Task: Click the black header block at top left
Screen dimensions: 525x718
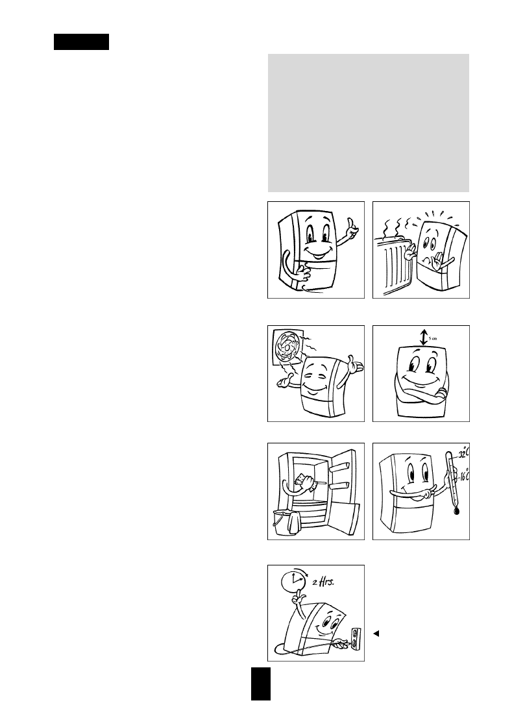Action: point(82,42)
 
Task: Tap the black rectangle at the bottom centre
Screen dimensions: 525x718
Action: point(260,684)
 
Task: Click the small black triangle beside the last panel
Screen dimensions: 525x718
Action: point(376,634)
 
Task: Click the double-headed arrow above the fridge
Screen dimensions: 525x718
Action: point(423,338)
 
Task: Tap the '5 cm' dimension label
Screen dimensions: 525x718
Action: point(433,338)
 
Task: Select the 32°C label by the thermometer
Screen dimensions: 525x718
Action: point(463,453)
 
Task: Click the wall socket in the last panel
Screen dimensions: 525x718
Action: point(355,638)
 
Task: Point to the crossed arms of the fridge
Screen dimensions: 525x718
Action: point(422,393)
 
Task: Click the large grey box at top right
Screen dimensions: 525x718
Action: point(369,123)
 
